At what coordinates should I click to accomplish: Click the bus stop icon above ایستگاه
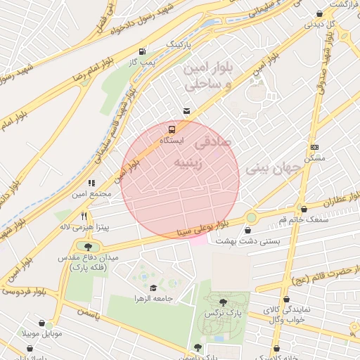coord(172,130)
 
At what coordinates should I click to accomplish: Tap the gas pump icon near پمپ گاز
coord(143,51)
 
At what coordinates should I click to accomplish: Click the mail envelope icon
coord(186,110)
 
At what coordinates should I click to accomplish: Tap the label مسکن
coord(314,158)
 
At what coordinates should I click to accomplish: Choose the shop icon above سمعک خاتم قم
coord(304,209)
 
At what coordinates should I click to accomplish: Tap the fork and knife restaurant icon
coord(85,215)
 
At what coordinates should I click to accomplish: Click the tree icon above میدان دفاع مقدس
coord(88,247)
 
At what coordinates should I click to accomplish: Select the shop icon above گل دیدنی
coord(320,13)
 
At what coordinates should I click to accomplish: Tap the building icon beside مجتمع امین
coord(92,183)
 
